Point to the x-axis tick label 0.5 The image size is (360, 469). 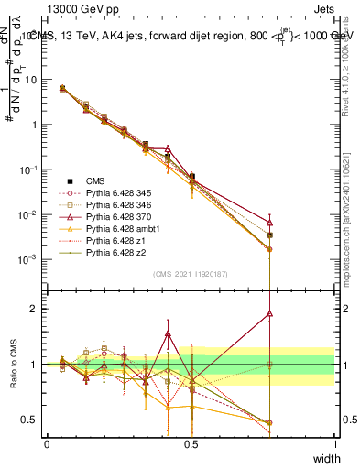(191, 444)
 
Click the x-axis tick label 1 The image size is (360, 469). (334, 444)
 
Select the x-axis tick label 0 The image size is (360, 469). (48, 444)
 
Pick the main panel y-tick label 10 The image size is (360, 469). (31, 80)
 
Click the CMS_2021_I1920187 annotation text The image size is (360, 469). (190, 274)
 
